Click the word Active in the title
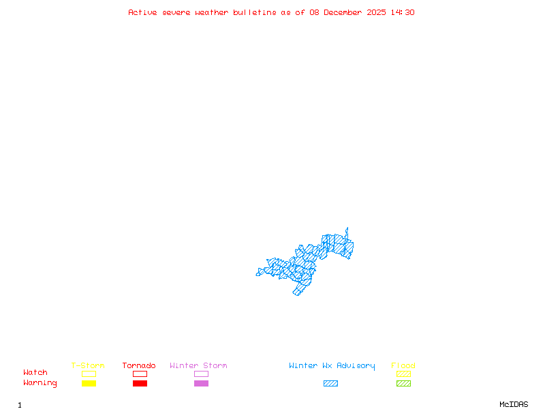[x=143, y=12]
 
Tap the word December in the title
[x=345, y=12]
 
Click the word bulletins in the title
[x=255, y=12]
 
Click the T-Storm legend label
[x=88, y=365]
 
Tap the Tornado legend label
[x=139, y=365]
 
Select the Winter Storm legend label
[x=198, y=365]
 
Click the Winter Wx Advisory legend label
[x=332, y=365]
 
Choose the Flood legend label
[x=403, y=365]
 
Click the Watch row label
[x=35, y=373]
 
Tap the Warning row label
[x=40, y=383]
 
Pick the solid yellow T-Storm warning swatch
[x=89, y=384]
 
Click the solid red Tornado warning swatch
[x=140, y=384]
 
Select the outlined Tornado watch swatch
[x=140, y=374]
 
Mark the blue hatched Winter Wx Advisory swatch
[x=330, y=384]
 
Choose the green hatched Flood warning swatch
[x=403, y=384]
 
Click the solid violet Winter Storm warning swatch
[x=201, y=384]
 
